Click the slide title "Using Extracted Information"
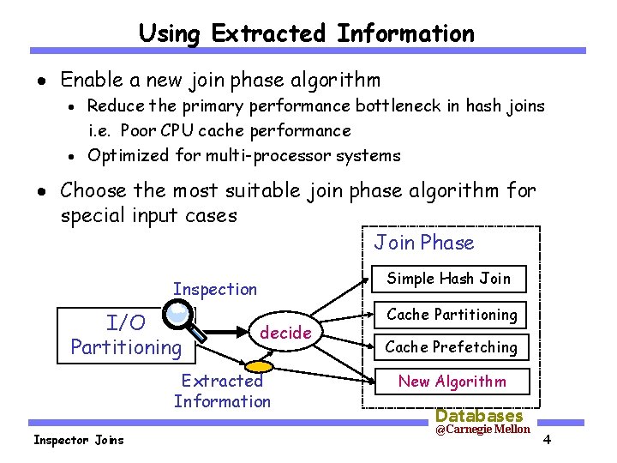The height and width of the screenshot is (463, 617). [306, 33]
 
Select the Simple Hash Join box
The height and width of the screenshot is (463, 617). [448, 279]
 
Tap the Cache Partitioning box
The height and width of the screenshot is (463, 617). [452, 315]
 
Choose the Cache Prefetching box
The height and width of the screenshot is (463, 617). [451, 347]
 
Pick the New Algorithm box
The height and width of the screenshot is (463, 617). [452, 382]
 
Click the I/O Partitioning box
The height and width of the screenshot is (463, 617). [126, 334]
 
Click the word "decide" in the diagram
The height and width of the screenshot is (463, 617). [285, 333]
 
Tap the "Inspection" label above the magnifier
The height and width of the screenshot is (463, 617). [215, 289]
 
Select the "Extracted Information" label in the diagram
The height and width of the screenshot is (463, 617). [222, 391]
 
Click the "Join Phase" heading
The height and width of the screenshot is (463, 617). [423, 243]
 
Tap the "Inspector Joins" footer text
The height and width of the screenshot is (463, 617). [78, 440]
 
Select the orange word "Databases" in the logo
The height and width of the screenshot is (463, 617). [479, 416]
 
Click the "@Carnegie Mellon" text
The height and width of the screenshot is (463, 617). [482, 430]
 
